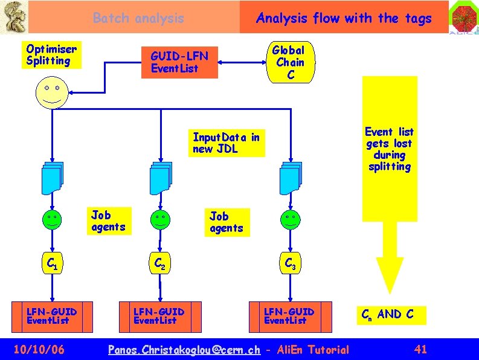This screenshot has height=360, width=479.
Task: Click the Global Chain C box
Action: [x=289, y=62]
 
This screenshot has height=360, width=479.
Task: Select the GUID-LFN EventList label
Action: [x=179, y=62]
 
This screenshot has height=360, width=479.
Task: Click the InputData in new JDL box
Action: [x=227, y=143]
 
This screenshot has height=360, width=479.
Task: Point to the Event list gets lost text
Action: [x=390, y=149]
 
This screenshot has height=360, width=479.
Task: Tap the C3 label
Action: [x=289, y=264]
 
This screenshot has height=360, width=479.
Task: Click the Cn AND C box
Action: [x=388, y=315]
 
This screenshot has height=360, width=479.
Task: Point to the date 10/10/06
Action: [x=39, y=349]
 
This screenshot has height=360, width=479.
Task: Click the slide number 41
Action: [x=421, y=349]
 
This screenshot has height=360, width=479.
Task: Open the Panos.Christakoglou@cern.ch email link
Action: [x=184, y=350]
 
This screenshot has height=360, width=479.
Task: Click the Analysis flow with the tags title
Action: [x=344, y=18]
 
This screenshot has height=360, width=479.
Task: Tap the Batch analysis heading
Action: [x=138, y=18]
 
